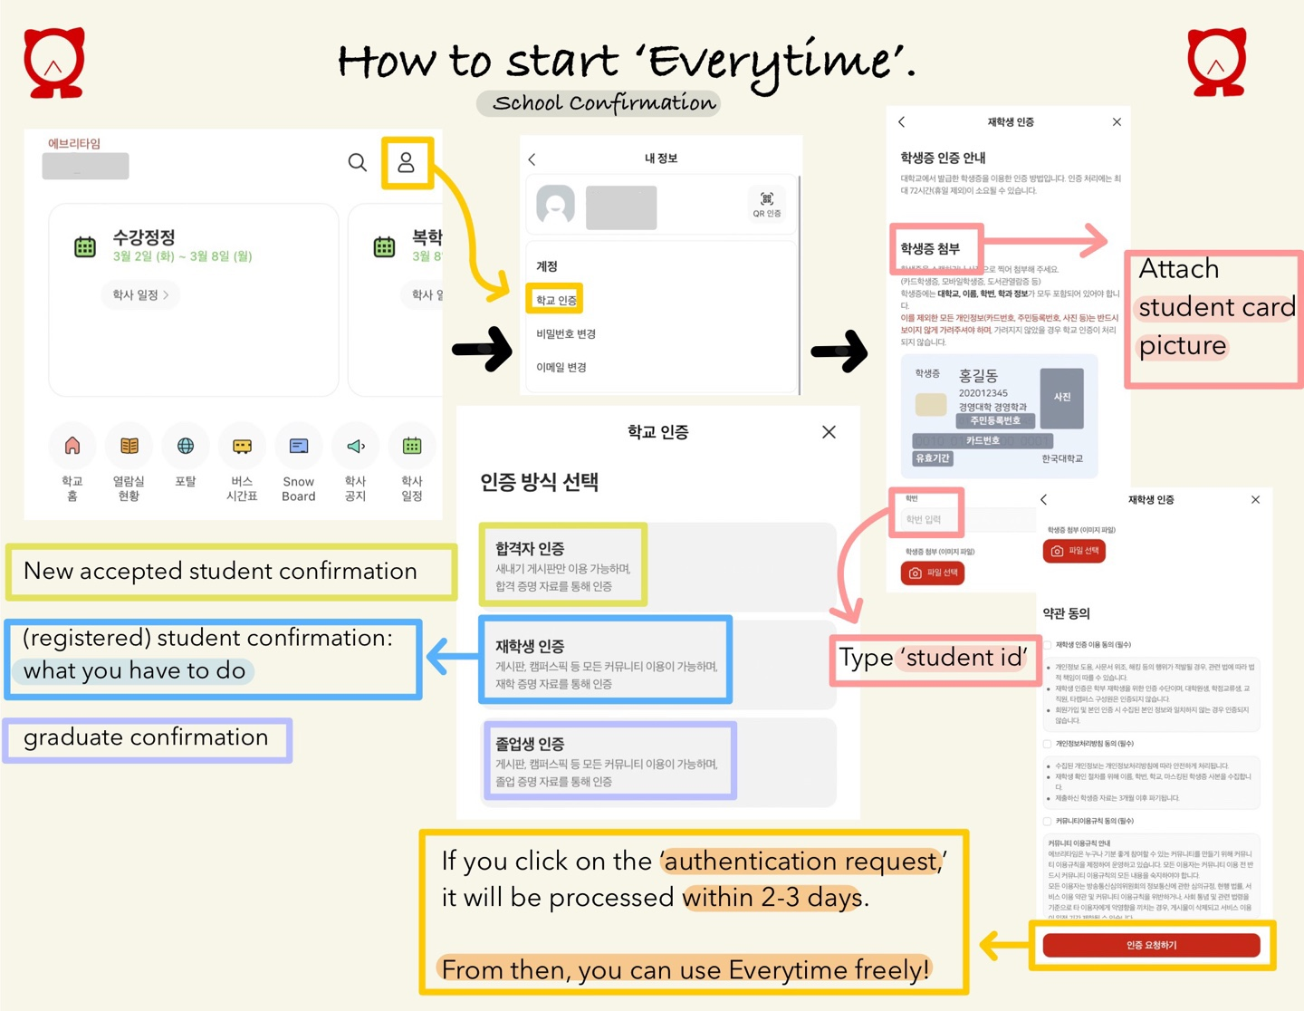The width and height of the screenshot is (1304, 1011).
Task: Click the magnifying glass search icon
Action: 358,162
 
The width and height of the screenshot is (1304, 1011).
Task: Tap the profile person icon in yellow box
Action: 407,162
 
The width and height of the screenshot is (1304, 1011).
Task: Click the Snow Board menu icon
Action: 299,446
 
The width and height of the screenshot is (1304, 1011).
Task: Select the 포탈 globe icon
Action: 186,446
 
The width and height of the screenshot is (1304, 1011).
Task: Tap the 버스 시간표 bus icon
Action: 242,446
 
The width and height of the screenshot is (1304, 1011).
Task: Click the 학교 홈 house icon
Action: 72,446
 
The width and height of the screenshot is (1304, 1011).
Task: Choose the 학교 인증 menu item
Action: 556,300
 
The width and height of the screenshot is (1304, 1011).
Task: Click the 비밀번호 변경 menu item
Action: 566,334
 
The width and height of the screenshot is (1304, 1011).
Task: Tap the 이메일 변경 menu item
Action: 561,367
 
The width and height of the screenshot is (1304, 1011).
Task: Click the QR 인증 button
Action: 766,204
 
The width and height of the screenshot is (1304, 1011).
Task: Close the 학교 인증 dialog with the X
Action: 829,432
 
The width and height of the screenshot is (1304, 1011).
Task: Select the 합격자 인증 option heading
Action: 530,548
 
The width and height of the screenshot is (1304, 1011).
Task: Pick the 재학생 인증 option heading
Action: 530,646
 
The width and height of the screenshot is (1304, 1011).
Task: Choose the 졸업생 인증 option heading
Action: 530,744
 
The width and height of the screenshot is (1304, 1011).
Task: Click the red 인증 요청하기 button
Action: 1151,945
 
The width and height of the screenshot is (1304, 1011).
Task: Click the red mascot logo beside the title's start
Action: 54,63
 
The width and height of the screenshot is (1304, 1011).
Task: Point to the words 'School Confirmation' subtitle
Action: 604,103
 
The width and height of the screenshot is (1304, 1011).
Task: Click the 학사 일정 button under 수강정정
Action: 140,294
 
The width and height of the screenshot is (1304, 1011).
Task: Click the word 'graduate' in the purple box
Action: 72,738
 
